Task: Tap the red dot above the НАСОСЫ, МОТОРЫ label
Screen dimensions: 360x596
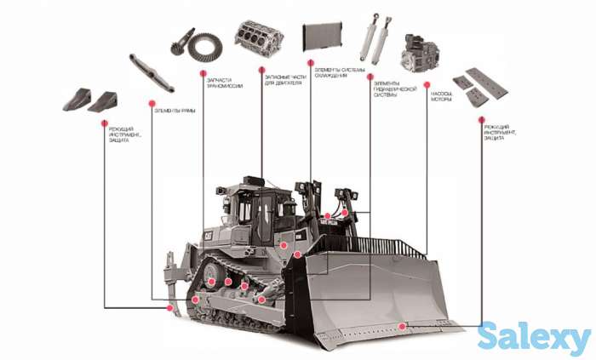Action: point(427,85)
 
